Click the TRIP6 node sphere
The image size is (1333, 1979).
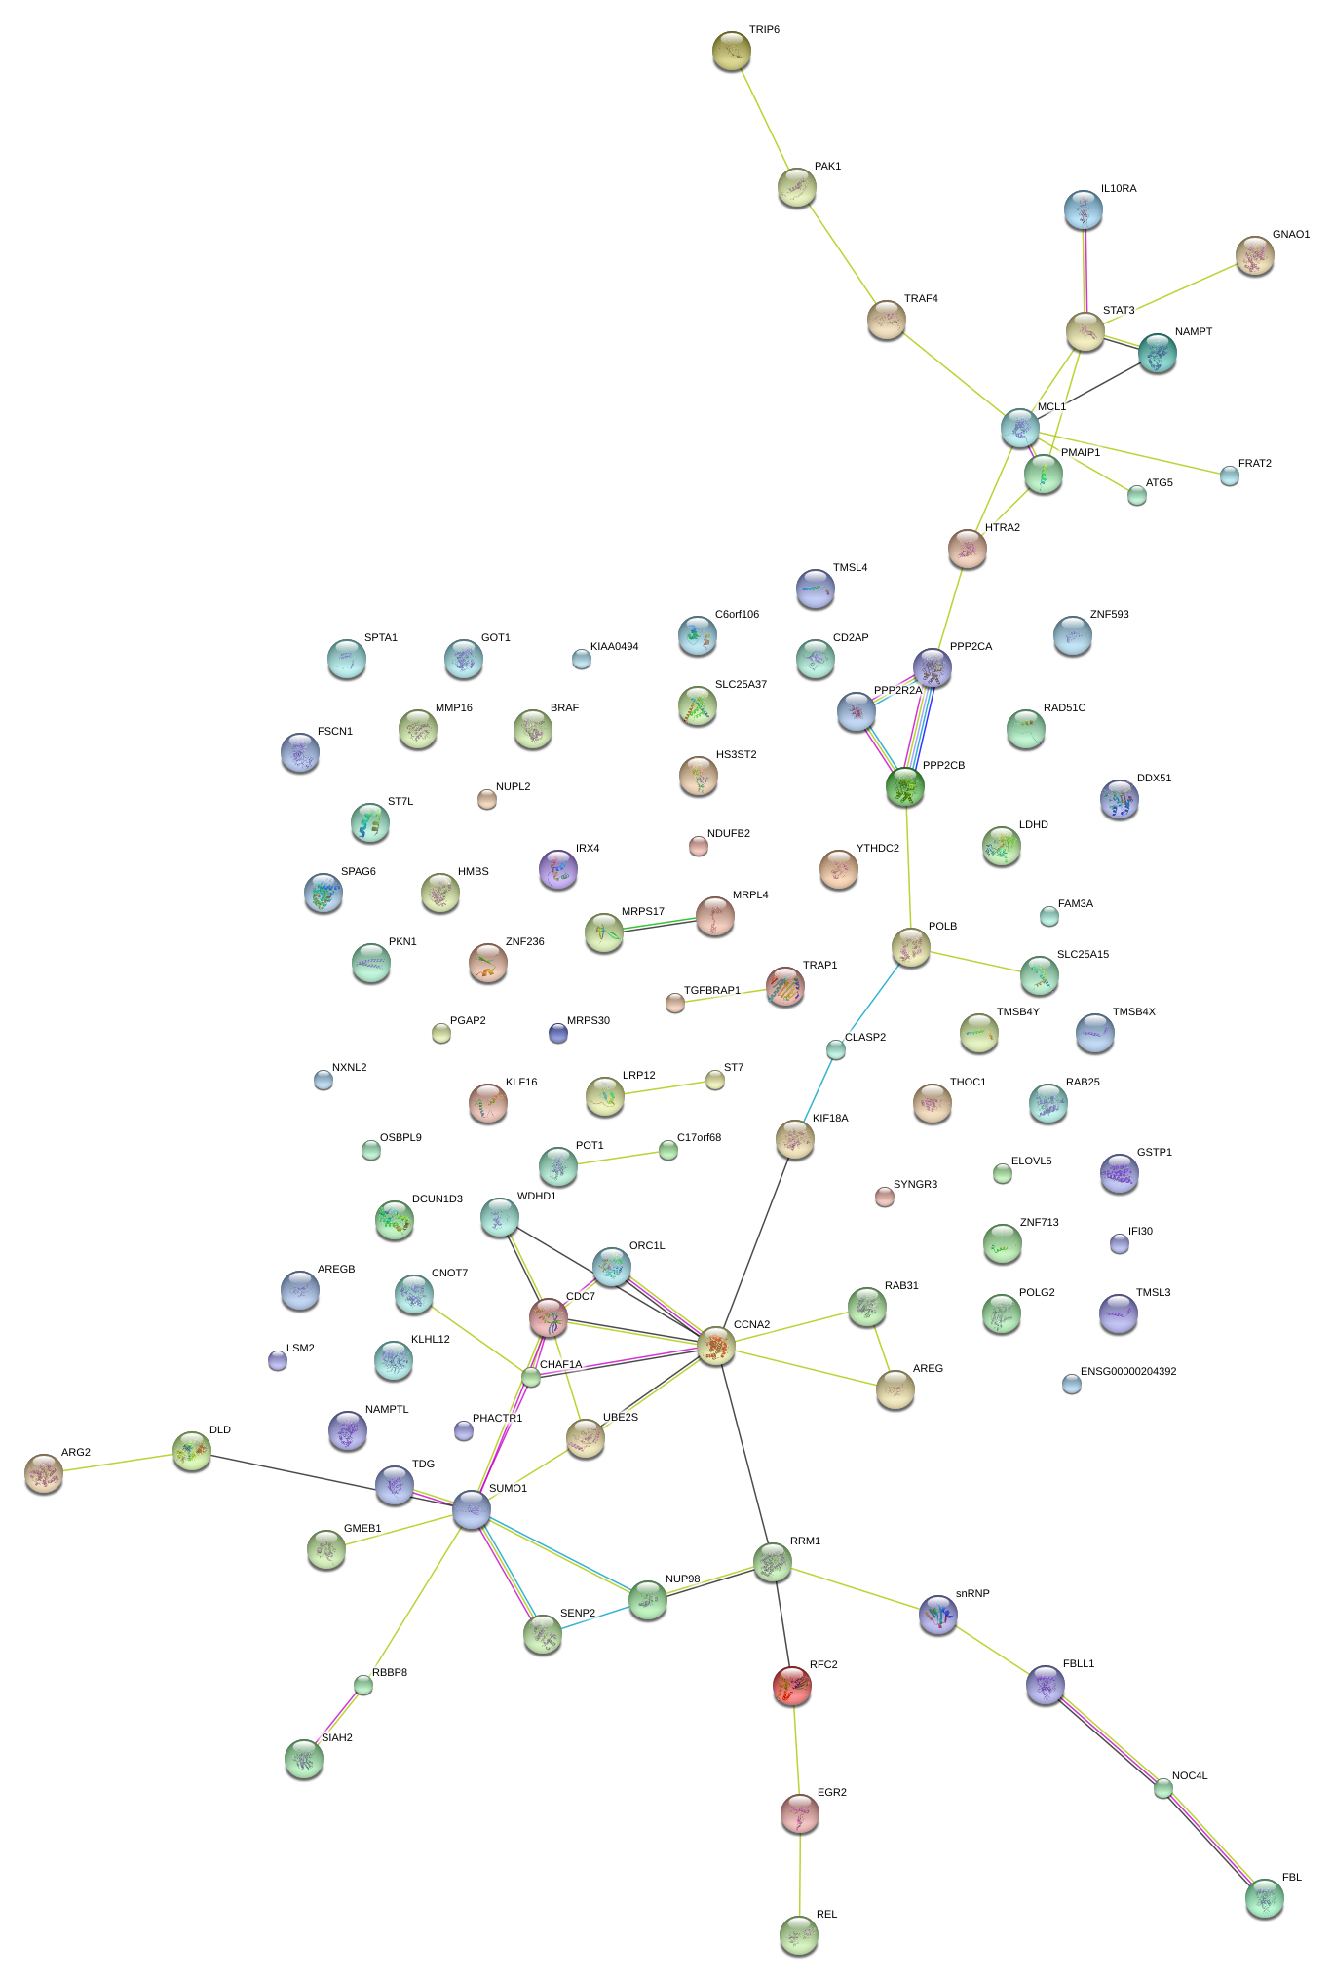pyautogui.click(x=731, y=51)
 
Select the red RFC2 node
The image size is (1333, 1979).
pyautogui.click(x=792, y=1686)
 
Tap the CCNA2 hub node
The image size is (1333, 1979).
pyautogui.click(x=716, y=1345)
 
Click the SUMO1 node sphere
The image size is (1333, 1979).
pyautogui.click(x=472, y=1509)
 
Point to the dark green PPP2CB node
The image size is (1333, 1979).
pyautogui.click(x=905, y=786)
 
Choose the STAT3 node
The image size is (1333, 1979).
pyautogui.click(x=1085, y=331)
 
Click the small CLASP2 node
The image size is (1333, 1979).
pyautogui.click(x=836, y=1048)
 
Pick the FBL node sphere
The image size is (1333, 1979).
pyautogui.click(x=1265, y=1897)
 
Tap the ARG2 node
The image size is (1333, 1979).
pyautogui.click(x=43, y=1473)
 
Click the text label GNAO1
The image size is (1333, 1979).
pyautogui.click(x=1290, y=235)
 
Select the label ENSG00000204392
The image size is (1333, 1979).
pyautogui.click(x=1127, y=1371)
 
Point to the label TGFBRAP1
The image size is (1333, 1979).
pyautogui.click(x=711, y=990)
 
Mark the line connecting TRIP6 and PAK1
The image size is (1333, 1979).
pyautogui.click(x=764, y=119)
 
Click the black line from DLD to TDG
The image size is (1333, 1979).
pyautogui.click(x=292, y=1471)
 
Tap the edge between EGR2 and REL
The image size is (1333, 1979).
pyautogui.click(x=799, y=1873)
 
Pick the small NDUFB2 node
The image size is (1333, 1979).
pyautogui.click(x=699, y=845)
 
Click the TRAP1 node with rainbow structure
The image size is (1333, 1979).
pyautogui.click(x=784, y=986)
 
